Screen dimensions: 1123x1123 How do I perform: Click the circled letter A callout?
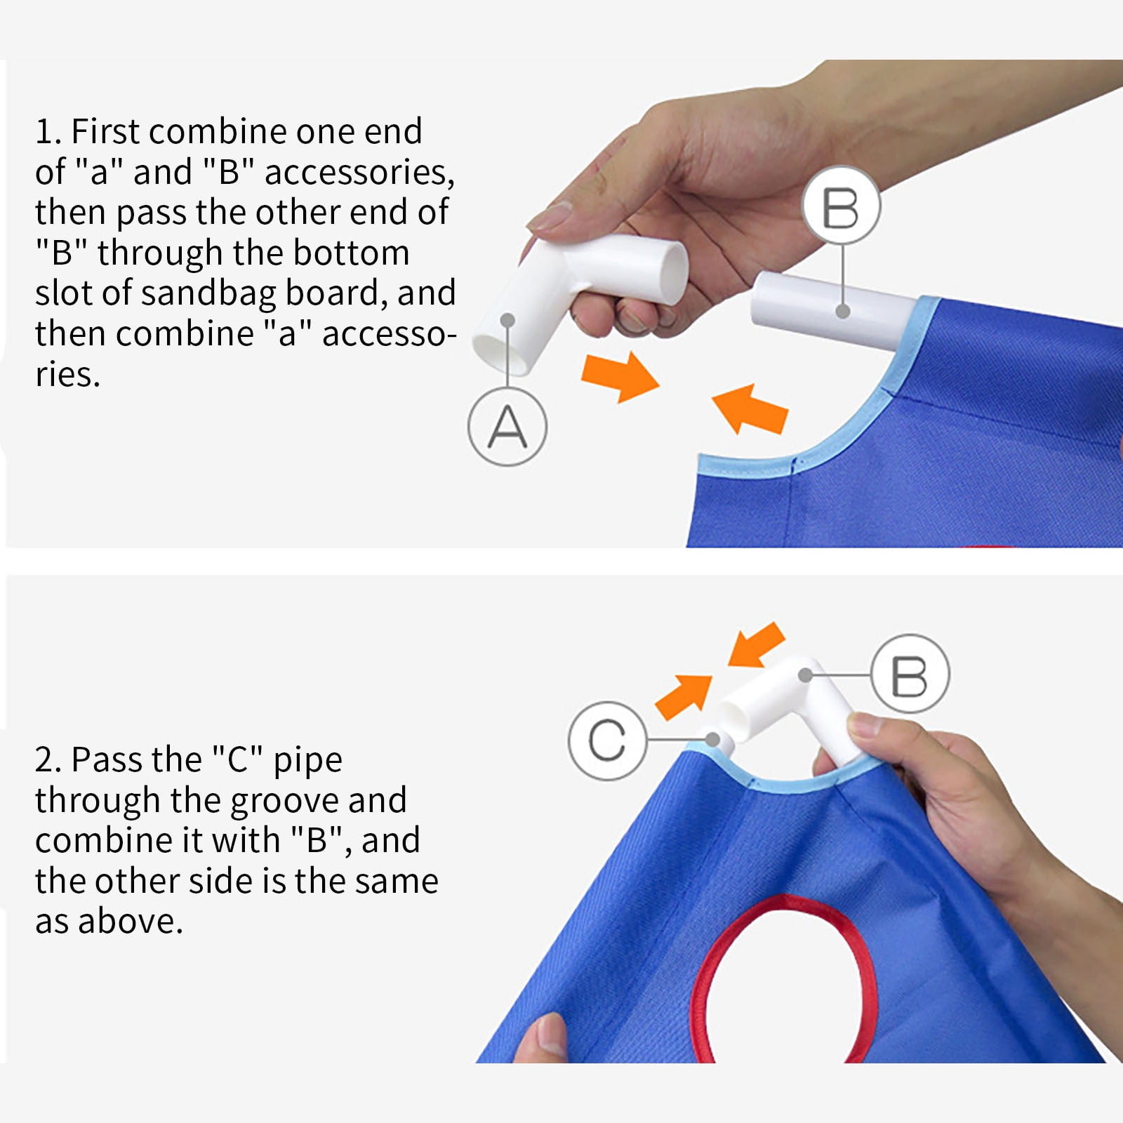(507, 427)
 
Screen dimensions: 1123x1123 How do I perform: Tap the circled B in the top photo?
(841, 206)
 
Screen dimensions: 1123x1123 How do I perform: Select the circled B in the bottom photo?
(910, 675)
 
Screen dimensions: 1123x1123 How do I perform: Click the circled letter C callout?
(607, 740)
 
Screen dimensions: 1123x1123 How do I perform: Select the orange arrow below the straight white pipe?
(750, 408)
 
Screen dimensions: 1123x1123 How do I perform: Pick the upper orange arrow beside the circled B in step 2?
(757, 644)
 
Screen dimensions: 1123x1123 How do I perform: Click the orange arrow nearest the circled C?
(684, 697)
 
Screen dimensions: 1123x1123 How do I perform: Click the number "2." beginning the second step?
(48, 760)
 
